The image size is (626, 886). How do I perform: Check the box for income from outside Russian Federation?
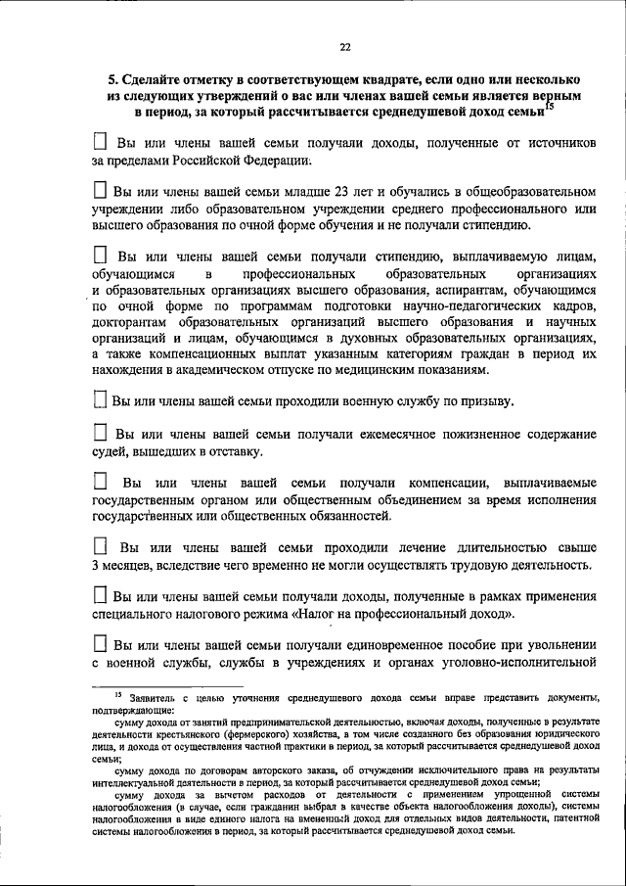point(100,144)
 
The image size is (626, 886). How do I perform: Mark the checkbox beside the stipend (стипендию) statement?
point(100,256)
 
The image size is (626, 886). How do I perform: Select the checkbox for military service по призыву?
point(99,400)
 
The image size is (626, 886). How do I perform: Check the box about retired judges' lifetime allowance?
point(100,432)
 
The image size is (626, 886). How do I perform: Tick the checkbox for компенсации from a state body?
point(100,482)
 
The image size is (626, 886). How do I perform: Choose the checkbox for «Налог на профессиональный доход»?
point(100,595)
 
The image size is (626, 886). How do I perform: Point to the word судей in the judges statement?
point(111,450)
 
